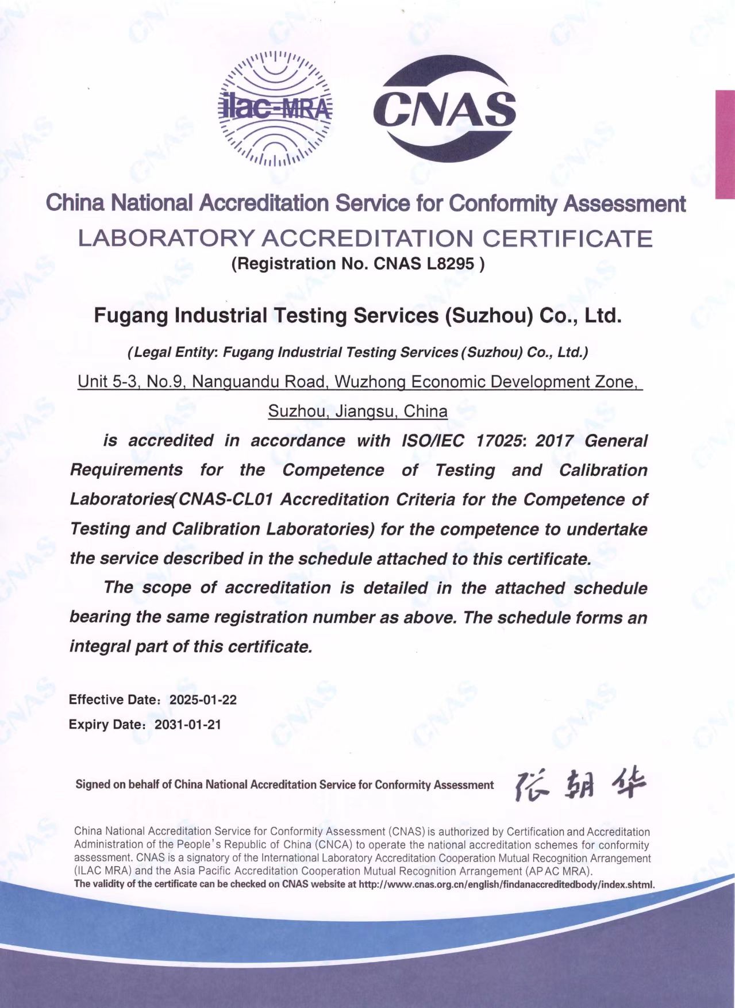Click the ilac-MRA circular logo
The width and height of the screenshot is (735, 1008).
point(276,108)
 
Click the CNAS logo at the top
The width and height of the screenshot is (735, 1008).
point(445,108)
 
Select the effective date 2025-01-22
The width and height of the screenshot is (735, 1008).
point(203,700)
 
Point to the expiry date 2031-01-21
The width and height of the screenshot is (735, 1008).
point(188,725)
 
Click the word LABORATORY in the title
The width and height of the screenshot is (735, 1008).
point(166,238)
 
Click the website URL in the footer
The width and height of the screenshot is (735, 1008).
point(506,884)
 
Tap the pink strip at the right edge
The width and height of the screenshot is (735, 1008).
point(725,144)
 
